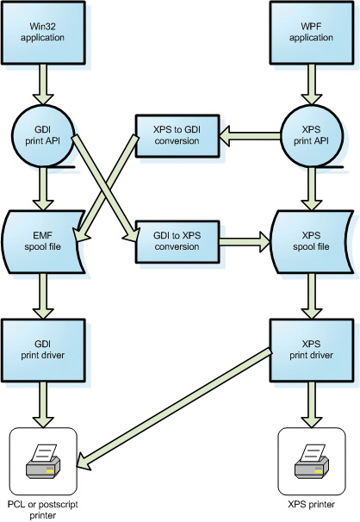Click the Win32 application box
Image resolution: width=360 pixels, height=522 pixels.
[x=43, y=32]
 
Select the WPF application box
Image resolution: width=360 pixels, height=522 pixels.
[x=312, y=32]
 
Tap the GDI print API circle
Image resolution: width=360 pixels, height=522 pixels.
[x=43, y=135]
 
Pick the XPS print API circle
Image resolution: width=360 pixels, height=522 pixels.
[x=312, y=135]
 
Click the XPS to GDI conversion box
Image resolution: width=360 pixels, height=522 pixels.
[x=177, y=135]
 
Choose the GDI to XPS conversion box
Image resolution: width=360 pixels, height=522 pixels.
[x=177, y=241]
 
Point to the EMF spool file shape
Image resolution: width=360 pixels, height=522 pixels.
[x=43, y=242]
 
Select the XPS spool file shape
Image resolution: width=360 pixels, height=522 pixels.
[x=312, y=242]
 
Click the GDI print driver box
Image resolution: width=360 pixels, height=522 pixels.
[x=43, y=350]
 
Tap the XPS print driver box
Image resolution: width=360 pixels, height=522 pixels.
[x=312, y=350]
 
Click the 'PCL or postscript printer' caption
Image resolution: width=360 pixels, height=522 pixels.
[x=43, y=510]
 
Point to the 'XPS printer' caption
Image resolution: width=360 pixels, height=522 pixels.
[x=312, y=505]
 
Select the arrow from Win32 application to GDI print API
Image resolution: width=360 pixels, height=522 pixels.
[x=43, y=84]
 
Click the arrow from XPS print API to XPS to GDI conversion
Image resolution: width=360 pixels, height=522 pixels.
[x=250, y=135]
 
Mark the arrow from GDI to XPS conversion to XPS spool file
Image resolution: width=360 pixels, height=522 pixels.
[x=245, y=241]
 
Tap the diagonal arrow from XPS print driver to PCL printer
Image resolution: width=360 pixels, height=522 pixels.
[x=174, y=409]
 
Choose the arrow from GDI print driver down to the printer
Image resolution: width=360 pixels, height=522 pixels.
[x=43, y=405]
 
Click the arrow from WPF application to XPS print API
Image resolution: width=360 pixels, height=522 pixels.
[x=312, y=84]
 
